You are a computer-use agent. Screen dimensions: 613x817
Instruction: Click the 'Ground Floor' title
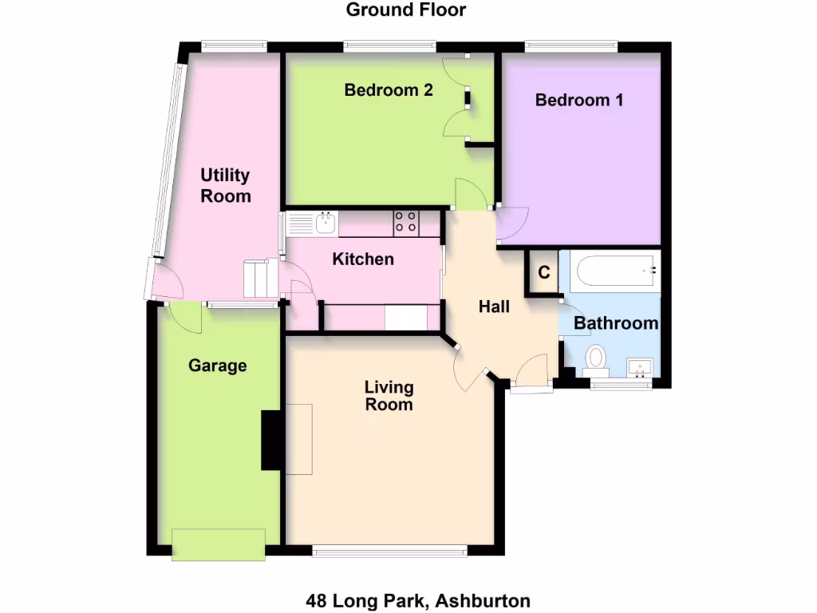tap(405, 10)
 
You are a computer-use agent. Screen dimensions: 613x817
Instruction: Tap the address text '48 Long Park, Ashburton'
tap(418, 600)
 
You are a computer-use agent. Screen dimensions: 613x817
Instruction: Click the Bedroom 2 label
tap(389, 90)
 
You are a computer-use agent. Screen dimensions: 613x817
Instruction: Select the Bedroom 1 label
tap(579, 101)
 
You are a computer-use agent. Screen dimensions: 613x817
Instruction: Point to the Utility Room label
tap(226, 185)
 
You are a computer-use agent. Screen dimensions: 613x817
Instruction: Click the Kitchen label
tap(363, 259)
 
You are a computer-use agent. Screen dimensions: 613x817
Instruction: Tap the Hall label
tap(494, 306)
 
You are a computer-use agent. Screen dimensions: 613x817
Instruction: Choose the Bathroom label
tap(616, 323)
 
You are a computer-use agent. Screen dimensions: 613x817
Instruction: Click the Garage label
tap(217, 366)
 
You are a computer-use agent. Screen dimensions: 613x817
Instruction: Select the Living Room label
tap(389, 396)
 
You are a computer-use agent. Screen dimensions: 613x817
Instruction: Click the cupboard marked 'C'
tap(544, 272)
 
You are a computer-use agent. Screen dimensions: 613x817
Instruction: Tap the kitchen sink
tap(325, 223)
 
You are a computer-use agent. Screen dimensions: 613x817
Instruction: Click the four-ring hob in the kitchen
tap(406, 223)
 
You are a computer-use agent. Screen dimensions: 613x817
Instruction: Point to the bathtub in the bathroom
tap(612, 271)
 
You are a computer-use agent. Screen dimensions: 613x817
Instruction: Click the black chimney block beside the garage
tap(271, 440)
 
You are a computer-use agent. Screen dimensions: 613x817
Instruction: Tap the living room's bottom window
tap(389, 550)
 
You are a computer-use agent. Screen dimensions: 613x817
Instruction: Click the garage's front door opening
tap(219, 544)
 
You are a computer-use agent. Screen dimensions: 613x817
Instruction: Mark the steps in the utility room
tap(259, 278)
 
